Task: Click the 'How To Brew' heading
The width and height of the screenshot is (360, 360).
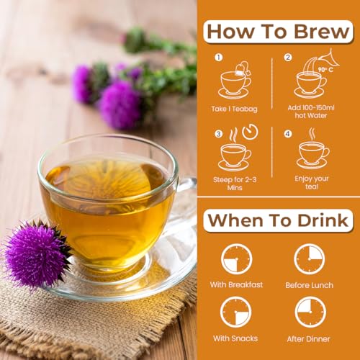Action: pos(277,31)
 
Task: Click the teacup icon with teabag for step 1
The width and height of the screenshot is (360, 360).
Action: pos(235,81)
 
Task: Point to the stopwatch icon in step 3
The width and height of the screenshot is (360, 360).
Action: pos(246,134)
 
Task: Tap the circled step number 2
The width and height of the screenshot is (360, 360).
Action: pos(288,58)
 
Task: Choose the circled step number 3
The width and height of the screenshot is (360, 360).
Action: pos(217,133)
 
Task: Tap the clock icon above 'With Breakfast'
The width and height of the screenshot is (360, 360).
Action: pos(236,259)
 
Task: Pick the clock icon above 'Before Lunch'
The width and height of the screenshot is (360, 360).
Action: pos(310,259)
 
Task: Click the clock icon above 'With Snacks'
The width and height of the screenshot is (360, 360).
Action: pos(236,312)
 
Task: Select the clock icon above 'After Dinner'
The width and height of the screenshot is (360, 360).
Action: pos(310,312)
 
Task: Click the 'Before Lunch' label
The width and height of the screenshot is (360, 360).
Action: pos(310,285)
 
